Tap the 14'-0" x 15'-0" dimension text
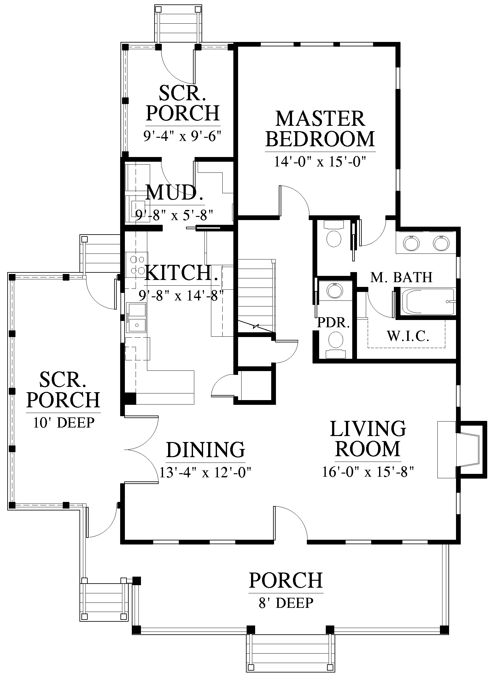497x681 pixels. click(320, 162)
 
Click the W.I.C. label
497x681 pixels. click(408, 336)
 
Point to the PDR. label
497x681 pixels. click(334, 323)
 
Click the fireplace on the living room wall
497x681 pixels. click(462, 450)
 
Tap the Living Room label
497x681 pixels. click(368, 439)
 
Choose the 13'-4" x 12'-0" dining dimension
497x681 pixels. click(205, 473)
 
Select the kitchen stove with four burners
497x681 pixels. click(137, 265)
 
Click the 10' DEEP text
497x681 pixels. click(64, 423)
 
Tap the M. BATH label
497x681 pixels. click(401, 277)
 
